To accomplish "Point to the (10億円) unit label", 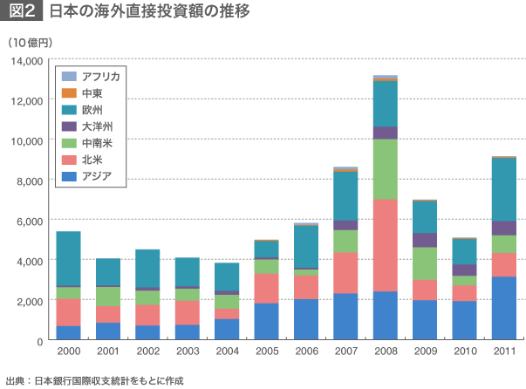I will tap(31, 42).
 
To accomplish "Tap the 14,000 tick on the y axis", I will tap(27, 61).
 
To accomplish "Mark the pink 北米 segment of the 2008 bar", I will tap(386, 245).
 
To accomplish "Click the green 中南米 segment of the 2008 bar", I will tap(386, 169).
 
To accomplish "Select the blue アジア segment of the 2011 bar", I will tap(504, 309).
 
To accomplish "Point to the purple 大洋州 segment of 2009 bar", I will tap(425, 240).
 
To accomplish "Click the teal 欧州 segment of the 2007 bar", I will tap(345, 196).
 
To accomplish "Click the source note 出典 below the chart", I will tap(96, 380).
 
